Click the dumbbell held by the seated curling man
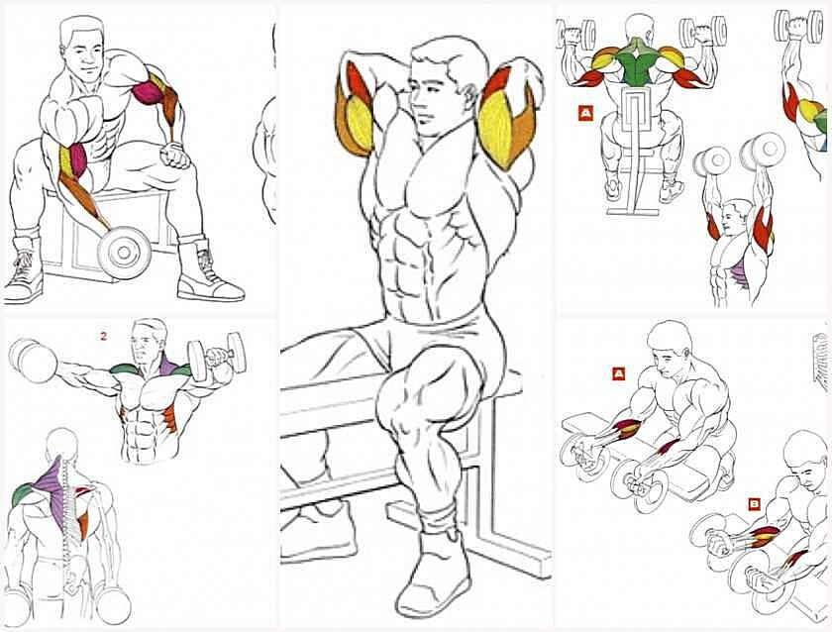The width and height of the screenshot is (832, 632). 124,253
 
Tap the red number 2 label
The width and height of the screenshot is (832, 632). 103,336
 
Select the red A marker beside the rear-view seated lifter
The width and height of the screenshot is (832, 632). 585,113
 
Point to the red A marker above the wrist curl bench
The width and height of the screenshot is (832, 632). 618,373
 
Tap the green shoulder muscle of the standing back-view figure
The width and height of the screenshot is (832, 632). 21,494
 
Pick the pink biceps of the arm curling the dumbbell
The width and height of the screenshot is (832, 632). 77,161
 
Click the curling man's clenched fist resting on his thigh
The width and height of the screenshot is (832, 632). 175,155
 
